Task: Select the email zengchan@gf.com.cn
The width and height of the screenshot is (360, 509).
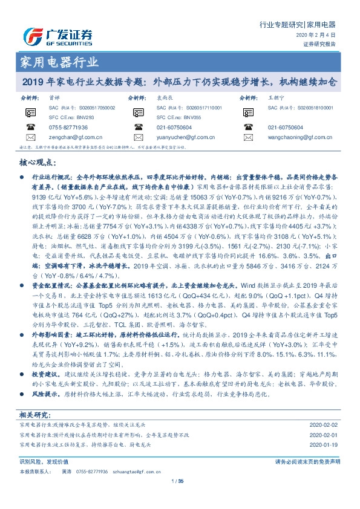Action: coord(72,137)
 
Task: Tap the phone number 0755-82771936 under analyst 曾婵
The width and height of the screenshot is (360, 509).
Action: coord(68,128)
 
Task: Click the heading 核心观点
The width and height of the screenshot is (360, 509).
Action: coord(41,164)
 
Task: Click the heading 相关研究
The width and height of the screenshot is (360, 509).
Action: coord(35,415)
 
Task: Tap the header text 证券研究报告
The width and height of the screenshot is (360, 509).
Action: coord(319,44)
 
